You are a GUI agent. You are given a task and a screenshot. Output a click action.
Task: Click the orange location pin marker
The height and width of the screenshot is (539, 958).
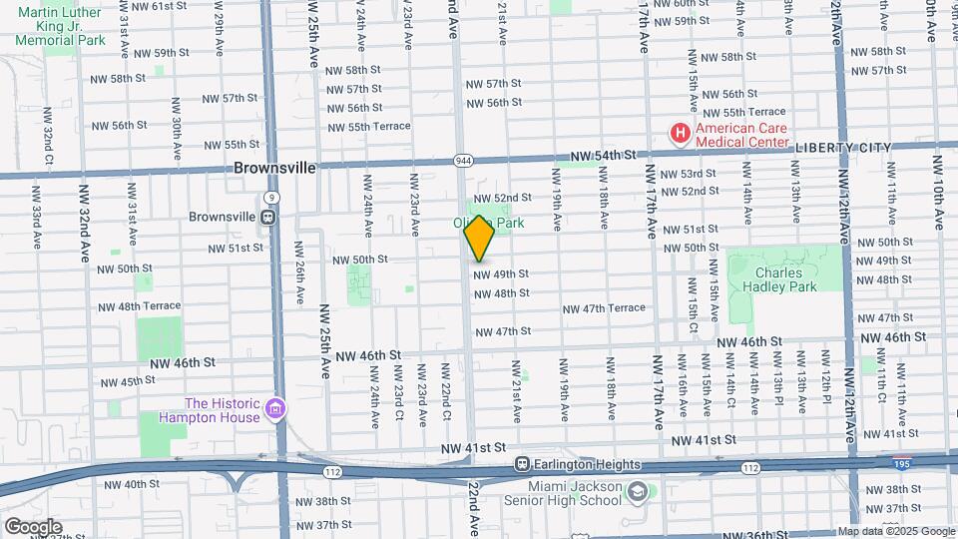click(479, 238)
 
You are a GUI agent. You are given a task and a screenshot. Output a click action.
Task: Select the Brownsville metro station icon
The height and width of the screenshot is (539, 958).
click(268, 217)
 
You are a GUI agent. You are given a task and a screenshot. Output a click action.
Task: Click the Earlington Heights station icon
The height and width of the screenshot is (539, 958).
click(521, 464)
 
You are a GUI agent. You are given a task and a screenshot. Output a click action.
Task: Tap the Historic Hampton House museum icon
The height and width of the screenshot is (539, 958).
click(276, 408)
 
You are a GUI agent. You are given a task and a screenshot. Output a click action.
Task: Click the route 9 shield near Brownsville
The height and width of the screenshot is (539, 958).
click(272, 198)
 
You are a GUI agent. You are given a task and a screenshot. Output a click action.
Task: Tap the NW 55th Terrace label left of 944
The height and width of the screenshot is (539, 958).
click(368, 127)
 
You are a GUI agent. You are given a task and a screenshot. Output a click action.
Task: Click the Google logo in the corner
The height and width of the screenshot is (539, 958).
click(32, 526)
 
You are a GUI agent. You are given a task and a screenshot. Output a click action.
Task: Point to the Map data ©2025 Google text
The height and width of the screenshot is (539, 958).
click(896, 532)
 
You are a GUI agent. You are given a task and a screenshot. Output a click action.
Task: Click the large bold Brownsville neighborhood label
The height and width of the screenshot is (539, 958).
click(274, 169)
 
